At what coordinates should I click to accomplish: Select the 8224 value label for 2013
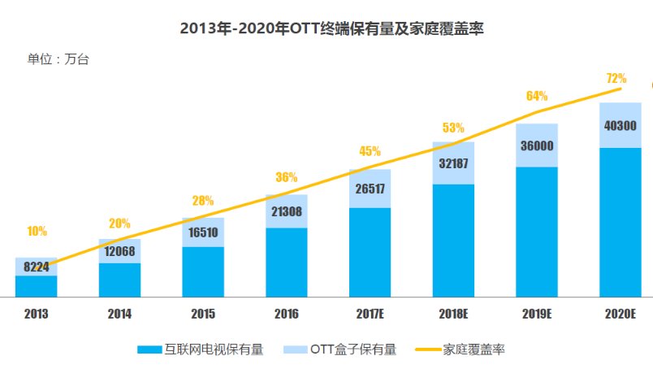36,267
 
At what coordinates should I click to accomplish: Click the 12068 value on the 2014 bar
119,250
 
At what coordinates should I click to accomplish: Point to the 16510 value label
203,232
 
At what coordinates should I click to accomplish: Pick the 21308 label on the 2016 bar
287,212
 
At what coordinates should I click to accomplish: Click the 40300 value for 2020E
621,125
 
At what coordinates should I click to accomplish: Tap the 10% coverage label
37,231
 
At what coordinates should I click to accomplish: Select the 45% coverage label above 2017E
370,151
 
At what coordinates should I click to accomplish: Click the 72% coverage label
616,79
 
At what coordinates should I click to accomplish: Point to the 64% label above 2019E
537,96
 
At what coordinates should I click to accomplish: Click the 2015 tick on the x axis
203,313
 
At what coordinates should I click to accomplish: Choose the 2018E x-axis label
453,313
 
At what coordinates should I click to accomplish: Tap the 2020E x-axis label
621,313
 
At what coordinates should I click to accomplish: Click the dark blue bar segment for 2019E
537,232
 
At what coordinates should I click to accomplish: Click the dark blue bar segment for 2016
287,262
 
